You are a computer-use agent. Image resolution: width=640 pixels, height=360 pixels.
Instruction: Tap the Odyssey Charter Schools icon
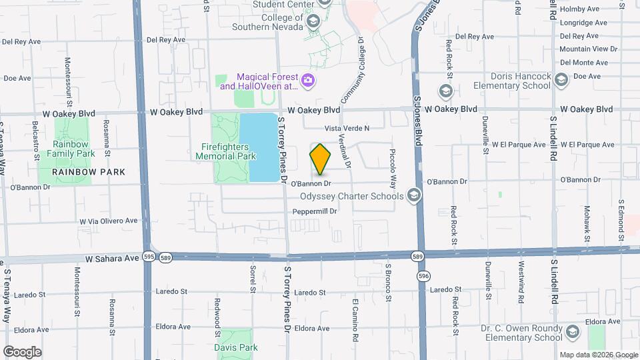[x=413, y=195]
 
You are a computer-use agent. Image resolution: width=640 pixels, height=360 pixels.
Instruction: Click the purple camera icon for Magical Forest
[x=307, y=81]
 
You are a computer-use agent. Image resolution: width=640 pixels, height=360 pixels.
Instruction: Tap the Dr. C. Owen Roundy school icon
[x=571, y=332]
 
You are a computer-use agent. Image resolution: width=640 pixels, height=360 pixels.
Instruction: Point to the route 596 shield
[x=421, y=275]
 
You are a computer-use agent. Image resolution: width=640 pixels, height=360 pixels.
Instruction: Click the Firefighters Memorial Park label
[x=225, y=151]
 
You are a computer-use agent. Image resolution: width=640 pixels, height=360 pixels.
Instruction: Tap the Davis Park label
[x=235, y=347]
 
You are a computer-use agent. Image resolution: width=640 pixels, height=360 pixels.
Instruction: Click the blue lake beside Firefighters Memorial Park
[x=263, y=147]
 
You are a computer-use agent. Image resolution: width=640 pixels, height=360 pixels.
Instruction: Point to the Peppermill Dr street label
[x=315, y=211]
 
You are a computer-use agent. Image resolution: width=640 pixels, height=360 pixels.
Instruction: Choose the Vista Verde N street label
[x=346, y=128]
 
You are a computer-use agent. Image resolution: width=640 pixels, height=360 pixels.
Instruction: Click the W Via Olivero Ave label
[x=108, y=221]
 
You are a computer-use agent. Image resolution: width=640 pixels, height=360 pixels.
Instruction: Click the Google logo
[x=22, y=351]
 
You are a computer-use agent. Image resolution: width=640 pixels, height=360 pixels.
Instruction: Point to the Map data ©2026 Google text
[x=598, y=355]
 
